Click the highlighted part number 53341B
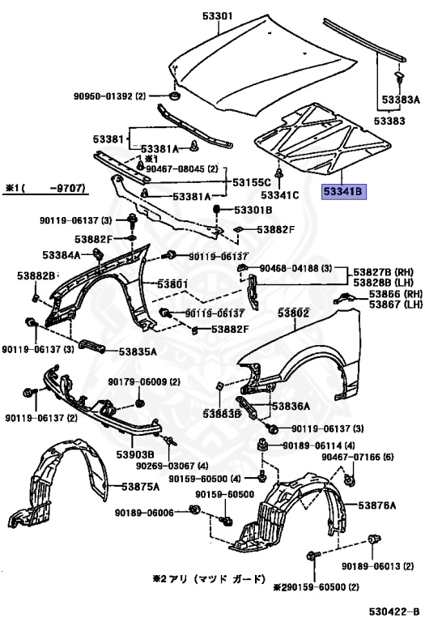tap(345, 193)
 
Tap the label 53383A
tap(401, 100)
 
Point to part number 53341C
tap(280, 195)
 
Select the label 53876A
tap(378, 505)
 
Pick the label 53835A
tap(138, 351)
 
